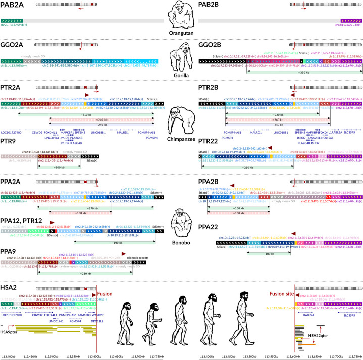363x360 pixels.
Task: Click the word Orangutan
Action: (x=182, y=36)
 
